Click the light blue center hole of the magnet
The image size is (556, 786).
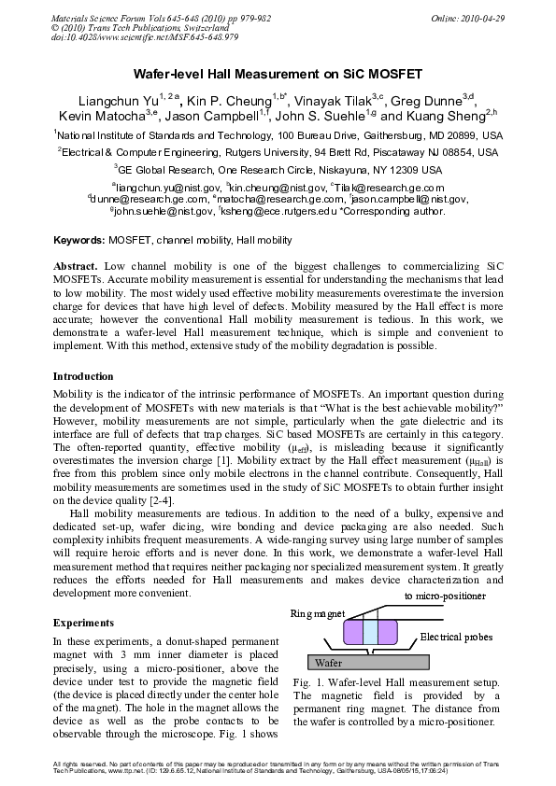370,634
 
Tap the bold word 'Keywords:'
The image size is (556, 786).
78,241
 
